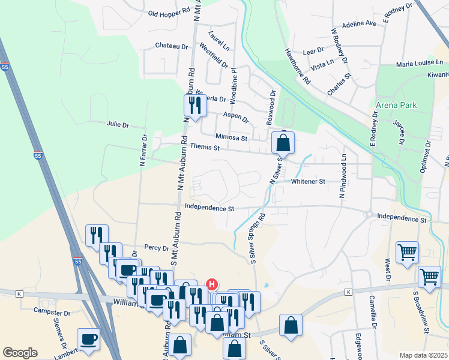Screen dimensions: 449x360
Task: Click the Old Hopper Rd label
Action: point(169,12)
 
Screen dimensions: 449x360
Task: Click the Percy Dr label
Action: point(157,247)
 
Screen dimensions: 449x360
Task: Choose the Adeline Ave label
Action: point(358,24)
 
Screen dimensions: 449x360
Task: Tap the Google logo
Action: point(20,353)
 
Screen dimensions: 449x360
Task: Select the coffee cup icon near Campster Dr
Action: point(89,339)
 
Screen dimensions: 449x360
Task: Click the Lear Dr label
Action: point(313,52)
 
